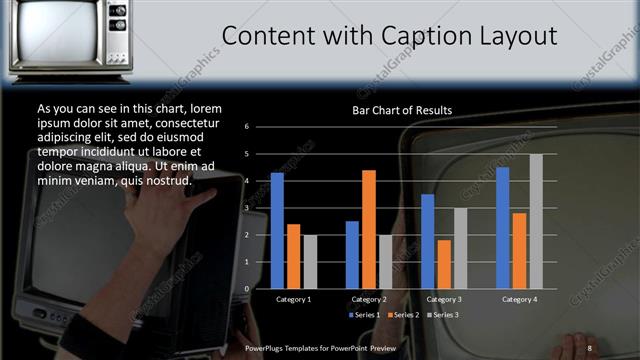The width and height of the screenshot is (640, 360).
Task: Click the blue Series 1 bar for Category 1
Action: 277,231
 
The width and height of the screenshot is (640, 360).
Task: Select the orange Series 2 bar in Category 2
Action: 368,229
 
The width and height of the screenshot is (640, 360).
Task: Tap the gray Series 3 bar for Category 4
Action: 536,221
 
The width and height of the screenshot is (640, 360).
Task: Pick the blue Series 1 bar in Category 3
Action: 428,241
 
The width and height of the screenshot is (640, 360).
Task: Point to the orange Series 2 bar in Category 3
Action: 444,264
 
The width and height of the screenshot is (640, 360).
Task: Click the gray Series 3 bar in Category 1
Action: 310,262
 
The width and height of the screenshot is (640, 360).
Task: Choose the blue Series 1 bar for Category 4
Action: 502,228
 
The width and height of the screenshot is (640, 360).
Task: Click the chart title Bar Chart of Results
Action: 402,109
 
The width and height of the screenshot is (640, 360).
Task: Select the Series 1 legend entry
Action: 364,315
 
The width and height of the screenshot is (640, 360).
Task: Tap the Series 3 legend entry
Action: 443,315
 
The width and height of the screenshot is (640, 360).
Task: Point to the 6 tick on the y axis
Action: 246,127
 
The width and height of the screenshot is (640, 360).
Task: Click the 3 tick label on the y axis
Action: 246,208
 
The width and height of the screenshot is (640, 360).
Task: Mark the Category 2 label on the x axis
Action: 369,299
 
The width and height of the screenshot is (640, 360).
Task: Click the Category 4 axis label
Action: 519,299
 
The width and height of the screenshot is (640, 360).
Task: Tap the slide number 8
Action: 590,347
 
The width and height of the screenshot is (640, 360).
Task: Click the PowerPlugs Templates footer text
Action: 320,347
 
